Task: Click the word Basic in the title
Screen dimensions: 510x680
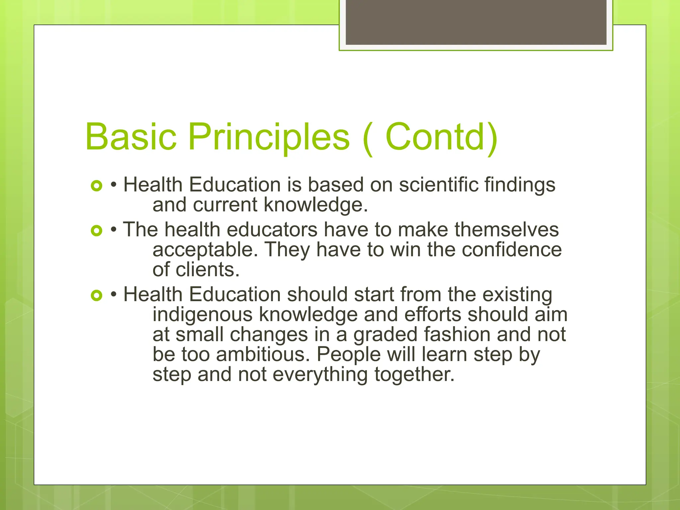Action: tap(130, 137)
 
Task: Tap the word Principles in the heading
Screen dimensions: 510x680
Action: tap(269, 137)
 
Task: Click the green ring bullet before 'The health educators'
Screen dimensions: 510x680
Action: tap(96, 230)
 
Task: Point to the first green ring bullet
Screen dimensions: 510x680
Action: tap(96, 186)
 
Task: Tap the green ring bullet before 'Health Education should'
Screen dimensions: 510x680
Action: tap(96, 295)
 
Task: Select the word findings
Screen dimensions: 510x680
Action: tap(520, 185)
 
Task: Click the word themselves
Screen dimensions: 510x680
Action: tap(507, 229)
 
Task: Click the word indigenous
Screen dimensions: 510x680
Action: tap(202, 314)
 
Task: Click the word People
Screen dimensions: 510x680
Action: tap(349, 355)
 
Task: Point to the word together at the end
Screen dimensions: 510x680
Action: tap(414, 375)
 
